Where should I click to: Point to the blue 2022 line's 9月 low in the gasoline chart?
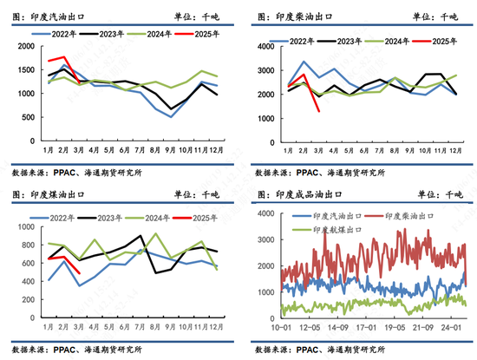[173, 116]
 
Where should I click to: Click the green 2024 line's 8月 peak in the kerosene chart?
[156, 234]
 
